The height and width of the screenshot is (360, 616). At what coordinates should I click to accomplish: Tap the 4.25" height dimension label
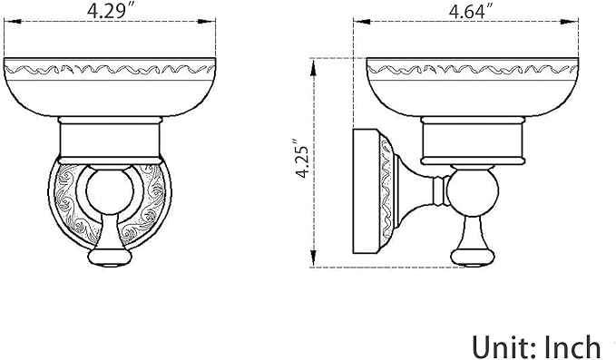tap(304, 159)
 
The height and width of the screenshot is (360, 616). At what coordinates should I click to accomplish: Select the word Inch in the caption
tap(572, 346)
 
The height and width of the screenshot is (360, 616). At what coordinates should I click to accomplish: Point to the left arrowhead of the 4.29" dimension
tap(12, 22)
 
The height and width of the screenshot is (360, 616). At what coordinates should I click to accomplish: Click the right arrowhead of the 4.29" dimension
tap(208, 22)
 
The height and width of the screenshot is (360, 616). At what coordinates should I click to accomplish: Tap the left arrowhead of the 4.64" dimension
tap(362, 22)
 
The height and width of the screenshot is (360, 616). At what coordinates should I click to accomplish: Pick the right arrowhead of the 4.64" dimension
tap(570, 22)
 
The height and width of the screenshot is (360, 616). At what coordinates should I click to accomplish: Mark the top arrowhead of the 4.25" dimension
tap(313, 68)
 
